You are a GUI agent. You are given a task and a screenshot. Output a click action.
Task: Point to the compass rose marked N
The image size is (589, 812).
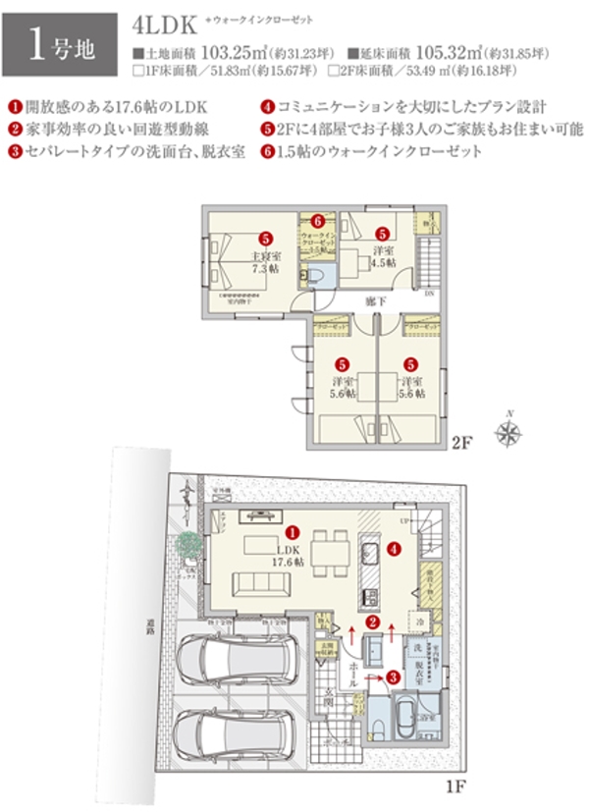[509, 432]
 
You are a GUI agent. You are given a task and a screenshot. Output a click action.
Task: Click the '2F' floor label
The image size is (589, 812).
[463, 443]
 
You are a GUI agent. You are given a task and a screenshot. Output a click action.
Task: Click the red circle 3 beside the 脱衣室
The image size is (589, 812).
[392, 677]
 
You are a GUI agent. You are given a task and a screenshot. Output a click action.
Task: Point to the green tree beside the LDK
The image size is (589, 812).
[187, 543]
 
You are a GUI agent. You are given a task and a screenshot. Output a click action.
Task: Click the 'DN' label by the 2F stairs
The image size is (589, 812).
[430, 293]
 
